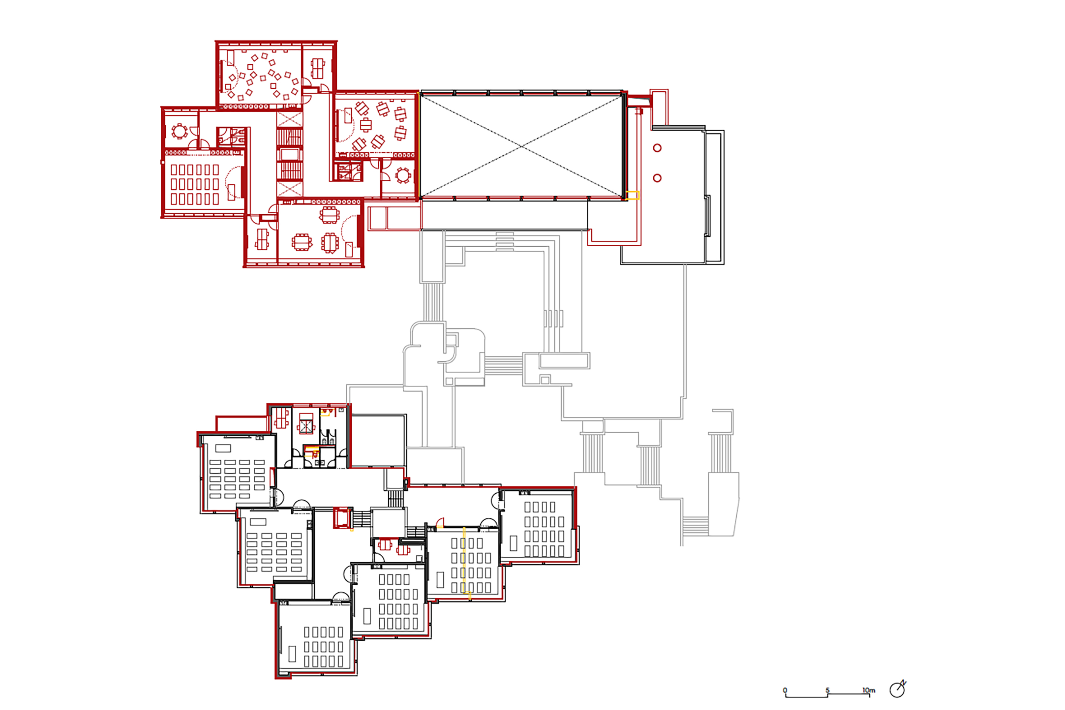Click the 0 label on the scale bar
tap(785, 690)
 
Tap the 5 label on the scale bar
tap(827, 690)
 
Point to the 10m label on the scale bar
tap(869, 690)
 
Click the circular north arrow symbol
tap(897, 689)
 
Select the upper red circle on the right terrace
tap(657, 148)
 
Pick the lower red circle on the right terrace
tap(657, 178)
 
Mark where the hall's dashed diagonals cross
tap(522, 146)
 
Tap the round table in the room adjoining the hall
tap(403, 175)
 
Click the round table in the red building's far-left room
tap(180, 131)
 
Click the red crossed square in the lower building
tap(306, 426)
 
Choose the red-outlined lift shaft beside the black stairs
tap(342, 518)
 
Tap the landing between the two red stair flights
tap(290, 154)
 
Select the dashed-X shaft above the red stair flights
tap(290, 119)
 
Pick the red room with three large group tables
tap(319, 232)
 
